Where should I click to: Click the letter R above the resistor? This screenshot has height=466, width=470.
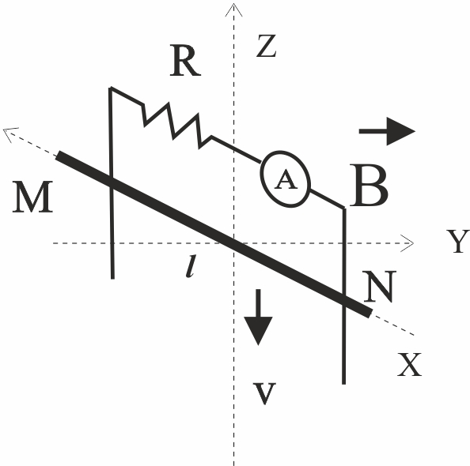(x=185, y=61)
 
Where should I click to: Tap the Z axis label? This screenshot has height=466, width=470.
(x=267, y=46)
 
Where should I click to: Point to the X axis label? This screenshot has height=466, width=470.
(x=409, y=365)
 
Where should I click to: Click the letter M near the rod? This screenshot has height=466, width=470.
(x=32, y=197)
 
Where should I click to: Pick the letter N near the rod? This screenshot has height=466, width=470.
(x=380, y=286)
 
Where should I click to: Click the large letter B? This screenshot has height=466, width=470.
(x=369, y=186)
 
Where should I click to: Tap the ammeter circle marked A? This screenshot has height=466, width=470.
(x=285, y=179)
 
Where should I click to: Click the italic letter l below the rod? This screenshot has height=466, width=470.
(x=191, y=266)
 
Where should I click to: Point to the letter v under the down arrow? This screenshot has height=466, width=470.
(x=264, y=393)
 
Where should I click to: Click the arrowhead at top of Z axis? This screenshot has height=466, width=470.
(x=233, y=9)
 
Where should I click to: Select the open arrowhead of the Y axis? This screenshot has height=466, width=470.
(x=407, y=243)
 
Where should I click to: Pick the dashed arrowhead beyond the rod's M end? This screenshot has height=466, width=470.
(x=9, y=133)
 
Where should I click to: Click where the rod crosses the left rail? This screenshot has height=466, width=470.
(x=112, y=179)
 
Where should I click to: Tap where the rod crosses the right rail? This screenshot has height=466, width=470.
(x=344, y=300)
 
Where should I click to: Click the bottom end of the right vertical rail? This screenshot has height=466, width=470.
(x=344, y=384)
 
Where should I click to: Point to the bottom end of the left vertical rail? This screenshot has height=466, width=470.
(x=112, y=278)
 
